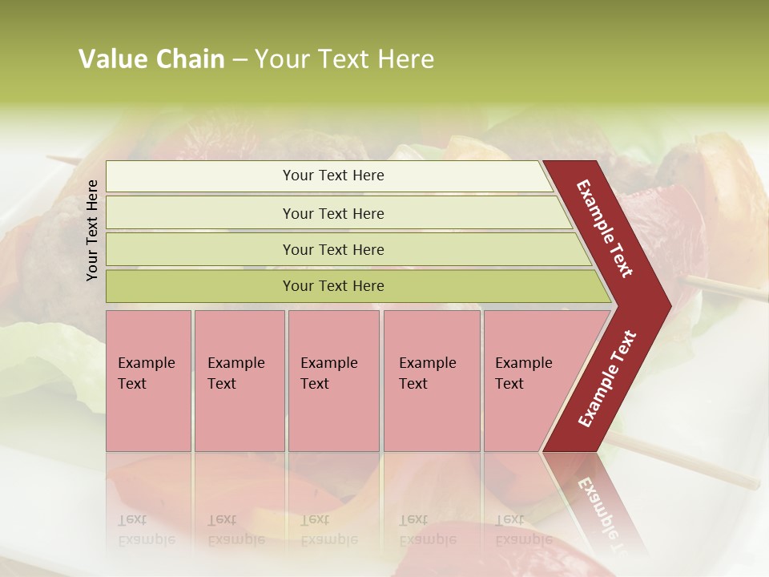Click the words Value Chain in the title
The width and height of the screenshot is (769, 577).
tap(151, 59)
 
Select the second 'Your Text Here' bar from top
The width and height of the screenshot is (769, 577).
tap(333, 213)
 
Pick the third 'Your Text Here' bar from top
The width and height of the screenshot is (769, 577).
tap(333, 249)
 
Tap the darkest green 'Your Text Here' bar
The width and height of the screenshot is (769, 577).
tap(333, 286)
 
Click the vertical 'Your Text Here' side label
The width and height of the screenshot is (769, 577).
tap(92, 230)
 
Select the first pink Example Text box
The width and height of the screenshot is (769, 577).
tap(148, 381)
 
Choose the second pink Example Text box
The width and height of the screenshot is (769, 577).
tap(240, 381)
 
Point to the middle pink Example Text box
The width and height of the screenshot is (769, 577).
tap(333, 381)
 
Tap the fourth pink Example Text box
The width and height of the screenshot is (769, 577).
tap(432, 381)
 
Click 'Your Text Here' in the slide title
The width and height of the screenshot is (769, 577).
tap(344, 59)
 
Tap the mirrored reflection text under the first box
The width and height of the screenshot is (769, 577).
tap(147, 530)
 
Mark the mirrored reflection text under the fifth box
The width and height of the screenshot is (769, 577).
tap(523, 530)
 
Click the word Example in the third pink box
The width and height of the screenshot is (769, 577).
tap(328, 363)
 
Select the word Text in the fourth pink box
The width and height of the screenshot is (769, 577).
tap(413, 384)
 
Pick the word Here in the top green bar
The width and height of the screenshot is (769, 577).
tap(368, 176)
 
